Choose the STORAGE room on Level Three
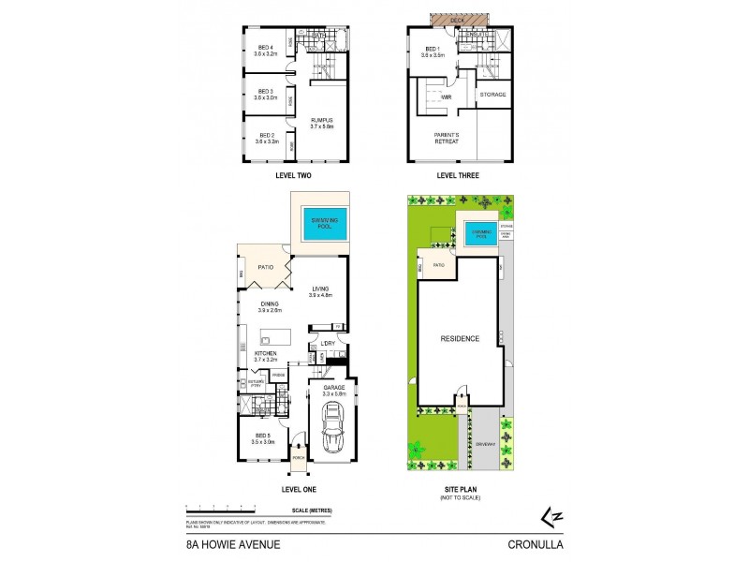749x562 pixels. point(492,95)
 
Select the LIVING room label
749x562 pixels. point(321,289)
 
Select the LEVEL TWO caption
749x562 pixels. point(293,175)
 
